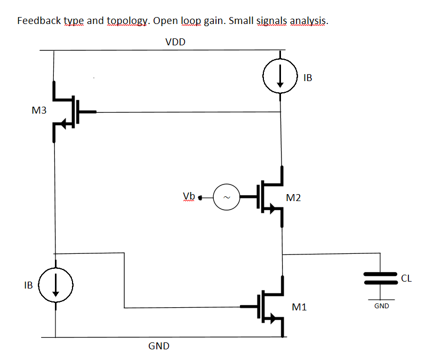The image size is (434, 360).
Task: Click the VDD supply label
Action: [175, 42]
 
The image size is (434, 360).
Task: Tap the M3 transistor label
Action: [39, 111]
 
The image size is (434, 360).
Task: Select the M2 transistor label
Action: [293, 198]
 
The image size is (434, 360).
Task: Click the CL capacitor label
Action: [406, 278]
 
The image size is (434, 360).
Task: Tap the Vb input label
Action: [189, 196]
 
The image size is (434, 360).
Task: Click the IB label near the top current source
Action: [307, 78]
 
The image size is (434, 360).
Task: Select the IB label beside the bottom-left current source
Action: [29, 285]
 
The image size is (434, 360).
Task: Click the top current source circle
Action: [280, 77]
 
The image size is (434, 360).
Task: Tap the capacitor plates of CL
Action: [381, 277]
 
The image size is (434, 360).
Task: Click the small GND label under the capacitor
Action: [381, 306]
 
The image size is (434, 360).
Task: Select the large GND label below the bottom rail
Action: [159, 346]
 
